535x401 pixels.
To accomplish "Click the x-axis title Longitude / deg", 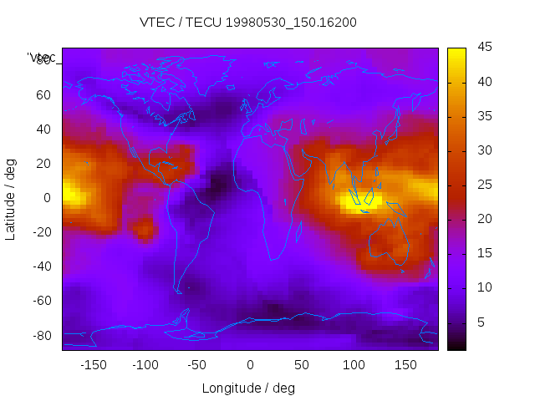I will click(248, 388).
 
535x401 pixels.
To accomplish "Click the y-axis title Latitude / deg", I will click(11, 198).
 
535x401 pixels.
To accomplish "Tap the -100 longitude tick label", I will click(145, 365).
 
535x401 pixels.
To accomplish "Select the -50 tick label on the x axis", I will click(197, 365).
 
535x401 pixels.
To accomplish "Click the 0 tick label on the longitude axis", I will click(250, 365).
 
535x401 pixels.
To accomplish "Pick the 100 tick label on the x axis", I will click(354, 365).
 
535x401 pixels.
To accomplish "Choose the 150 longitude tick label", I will click(406, 365).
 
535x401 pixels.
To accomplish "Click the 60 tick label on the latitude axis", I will click(43, 95).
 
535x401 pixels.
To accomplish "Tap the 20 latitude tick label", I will click(43, 164).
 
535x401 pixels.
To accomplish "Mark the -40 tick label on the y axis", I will click(41, 266).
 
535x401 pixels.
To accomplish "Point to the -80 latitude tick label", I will click(41, 335).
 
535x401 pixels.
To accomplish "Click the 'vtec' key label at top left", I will click(42, 58).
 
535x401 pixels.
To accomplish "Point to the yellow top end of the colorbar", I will click(456, 52).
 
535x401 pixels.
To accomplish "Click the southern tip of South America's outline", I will click(178, 292).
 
